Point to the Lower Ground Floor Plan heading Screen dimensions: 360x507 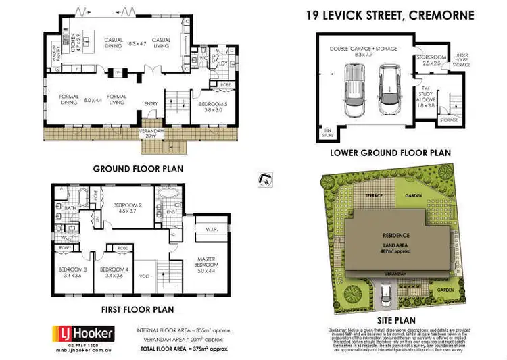coord(390,153)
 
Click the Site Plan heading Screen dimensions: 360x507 coord(388,320)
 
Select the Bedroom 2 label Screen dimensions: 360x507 coord(127,208)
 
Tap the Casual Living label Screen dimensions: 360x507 coord(162,43)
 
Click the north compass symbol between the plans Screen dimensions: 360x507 coord(265,179)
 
